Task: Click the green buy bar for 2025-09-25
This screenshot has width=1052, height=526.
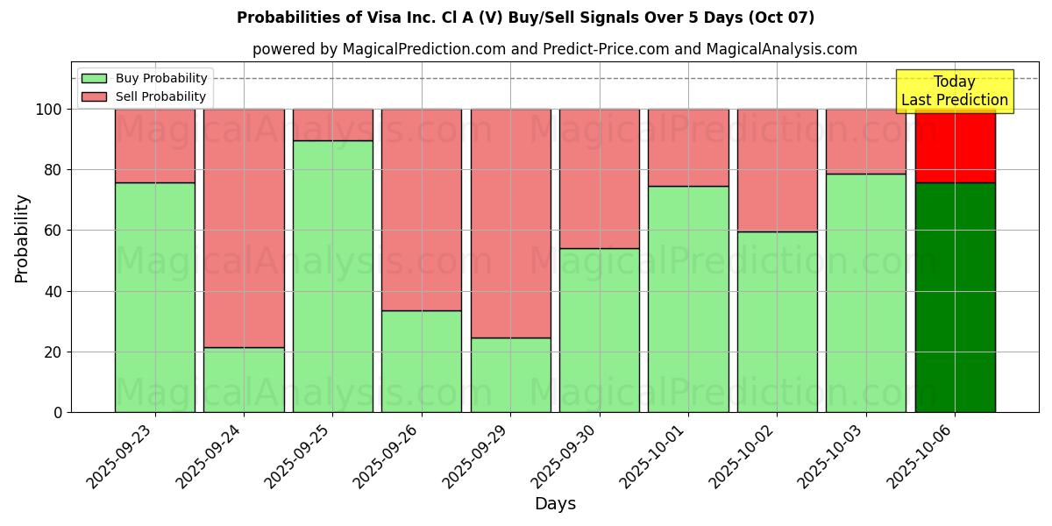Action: pos(332,276)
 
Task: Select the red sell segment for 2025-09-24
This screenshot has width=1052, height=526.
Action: pos(244,228)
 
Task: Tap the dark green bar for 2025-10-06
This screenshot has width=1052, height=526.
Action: pos(955,297)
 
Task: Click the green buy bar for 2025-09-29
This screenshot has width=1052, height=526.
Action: pos(510,374)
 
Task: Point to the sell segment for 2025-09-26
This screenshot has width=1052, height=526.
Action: pos(422,210)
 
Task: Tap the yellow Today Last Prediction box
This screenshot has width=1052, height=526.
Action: pos(954,91)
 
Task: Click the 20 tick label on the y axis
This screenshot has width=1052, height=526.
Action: pos(52,352)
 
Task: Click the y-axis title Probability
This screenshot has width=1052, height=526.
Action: pos(22,238)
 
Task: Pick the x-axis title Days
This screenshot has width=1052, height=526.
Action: pos(555,504)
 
